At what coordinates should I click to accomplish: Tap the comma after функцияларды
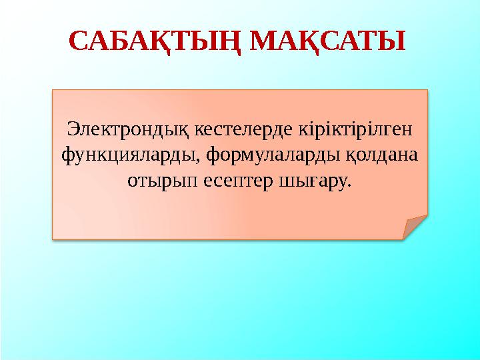pos(200,160)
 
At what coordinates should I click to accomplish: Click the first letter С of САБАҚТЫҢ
pos(80,41)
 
